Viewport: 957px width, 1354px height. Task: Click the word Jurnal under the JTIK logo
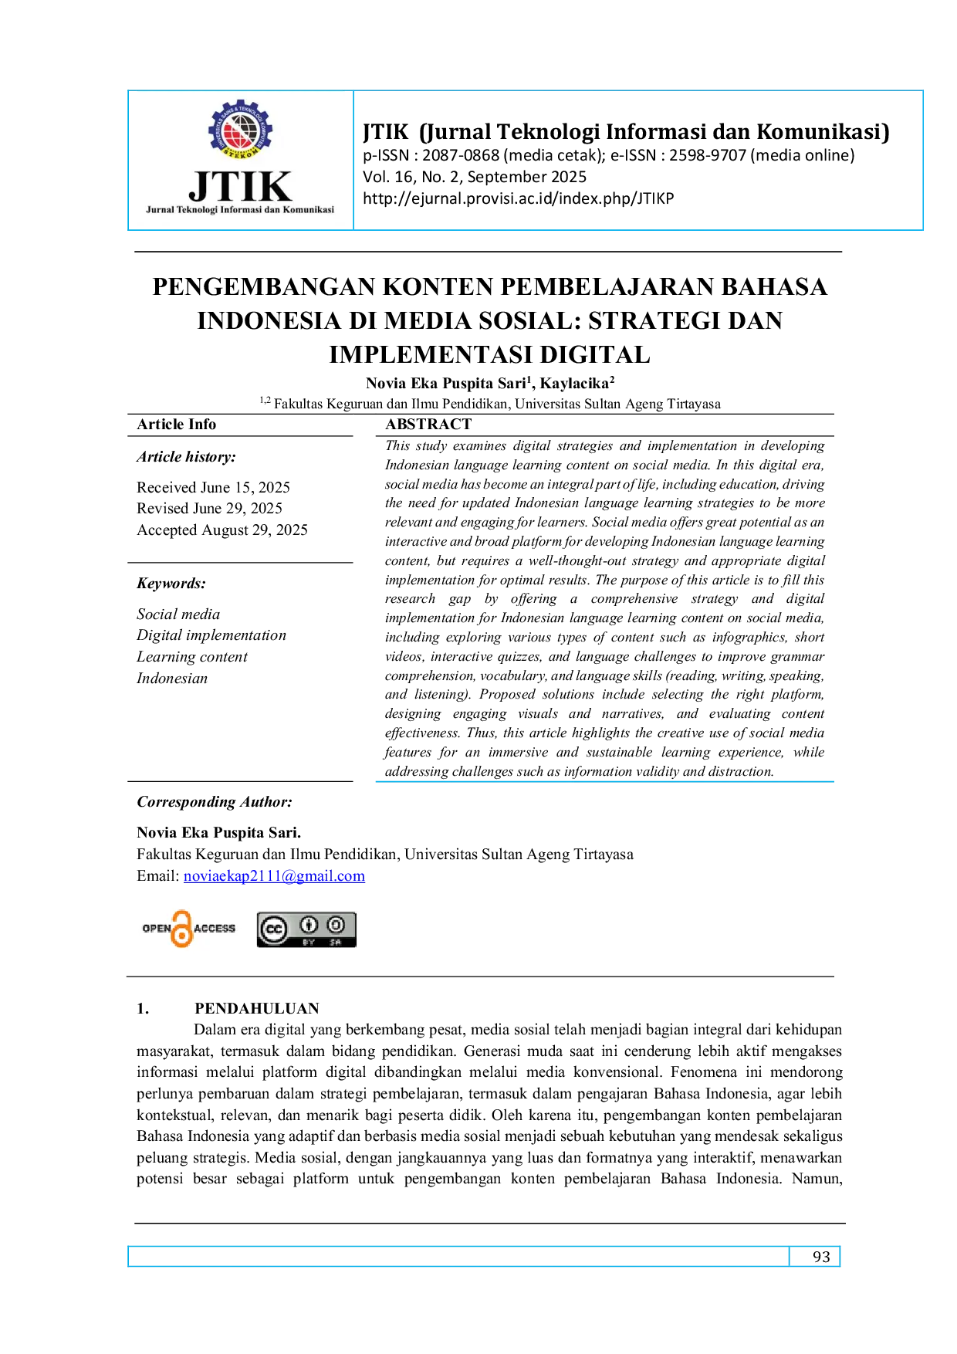tap(160, 210)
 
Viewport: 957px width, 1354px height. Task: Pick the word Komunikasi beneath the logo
tap(309, 210)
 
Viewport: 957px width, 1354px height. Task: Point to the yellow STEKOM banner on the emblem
tap(241, 152)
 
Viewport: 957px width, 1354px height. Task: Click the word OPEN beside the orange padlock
tap(156, 929)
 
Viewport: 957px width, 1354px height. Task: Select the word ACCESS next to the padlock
tap(215, 929)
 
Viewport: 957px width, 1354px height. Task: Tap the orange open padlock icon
tap(182, 929)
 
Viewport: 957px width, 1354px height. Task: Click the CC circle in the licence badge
tap(273, 930)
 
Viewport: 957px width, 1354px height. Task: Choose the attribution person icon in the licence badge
tap(309, 925)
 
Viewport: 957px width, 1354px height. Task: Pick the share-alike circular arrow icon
tap(336, 925)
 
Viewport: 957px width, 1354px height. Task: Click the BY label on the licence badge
tap(309, 943)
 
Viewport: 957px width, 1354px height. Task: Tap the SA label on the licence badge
tap(336, 943)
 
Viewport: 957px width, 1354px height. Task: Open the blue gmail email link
tap(274, 876)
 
